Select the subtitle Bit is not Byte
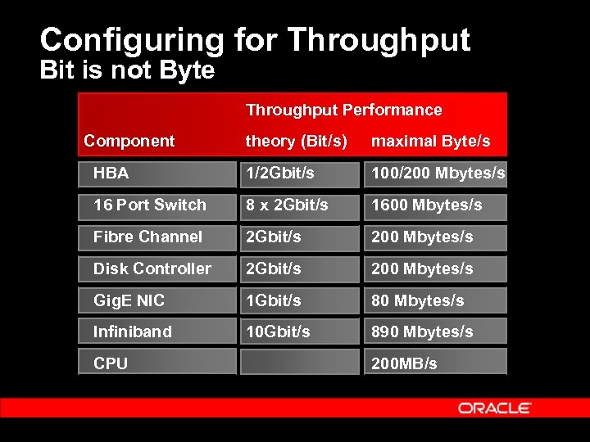click(x=127, y=70)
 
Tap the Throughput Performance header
click(x=343, y=110)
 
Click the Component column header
click(x=129, y=141)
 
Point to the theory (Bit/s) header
click(x=297, y=141)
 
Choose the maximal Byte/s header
click(x=431, y=141)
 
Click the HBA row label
click(x=111, y=174)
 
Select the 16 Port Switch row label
click(x=150, y=205)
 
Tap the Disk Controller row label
click(x=152, y=268)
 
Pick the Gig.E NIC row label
click(x=129, y=300)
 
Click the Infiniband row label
click(x=133, y=331)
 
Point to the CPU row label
click(x=111, y=363)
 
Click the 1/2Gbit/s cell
click(x=281, y=174)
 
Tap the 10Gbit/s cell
click(x=278, y=331)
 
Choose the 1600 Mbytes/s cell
click(x=426, y=205)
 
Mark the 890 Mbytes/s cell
click(x=422, y=331)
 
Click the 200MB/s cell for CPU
click(x=404, y=363)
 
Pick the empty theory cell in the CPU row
click(x=299, y=362)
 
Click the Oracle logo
click(x=495, y=408)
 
